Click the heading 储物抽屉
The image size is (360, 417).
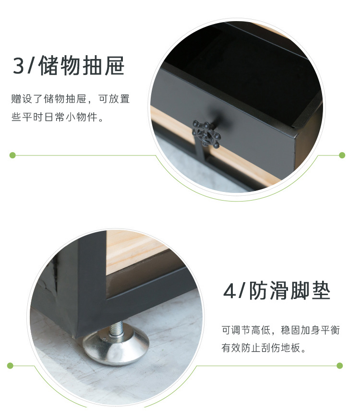(82, 65)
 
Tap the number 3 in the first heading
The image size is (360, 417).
(18, 66)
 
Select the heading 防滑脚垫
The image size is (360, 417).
(289, 291)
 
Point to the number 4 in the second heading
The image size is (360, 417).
(229, 291)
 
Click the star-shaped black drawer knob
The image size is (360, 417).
(206, 134)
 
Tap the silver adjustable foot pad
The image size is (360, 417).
(116, 346)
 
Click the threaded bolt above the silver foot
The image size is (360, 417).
(117, 328)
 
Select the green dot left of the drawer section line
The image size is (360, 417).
(12, 155)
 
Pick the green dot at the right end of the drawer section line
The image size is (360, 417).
(342, 155)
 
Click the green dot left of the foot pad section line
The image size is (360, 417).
(10, 366)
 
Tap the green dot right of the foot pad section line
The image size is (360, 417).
(340, 366)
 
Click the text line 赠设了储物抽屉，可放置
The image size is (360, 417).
(70, 99)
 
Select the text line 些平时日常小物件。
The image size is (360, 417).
(58, 117)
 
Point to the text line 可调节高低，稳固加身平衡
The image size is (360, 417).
(281, 330)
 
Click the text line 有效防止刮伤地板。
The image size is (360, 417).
(264, 347)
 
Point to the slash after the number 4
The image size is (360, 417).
(241, 291)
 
